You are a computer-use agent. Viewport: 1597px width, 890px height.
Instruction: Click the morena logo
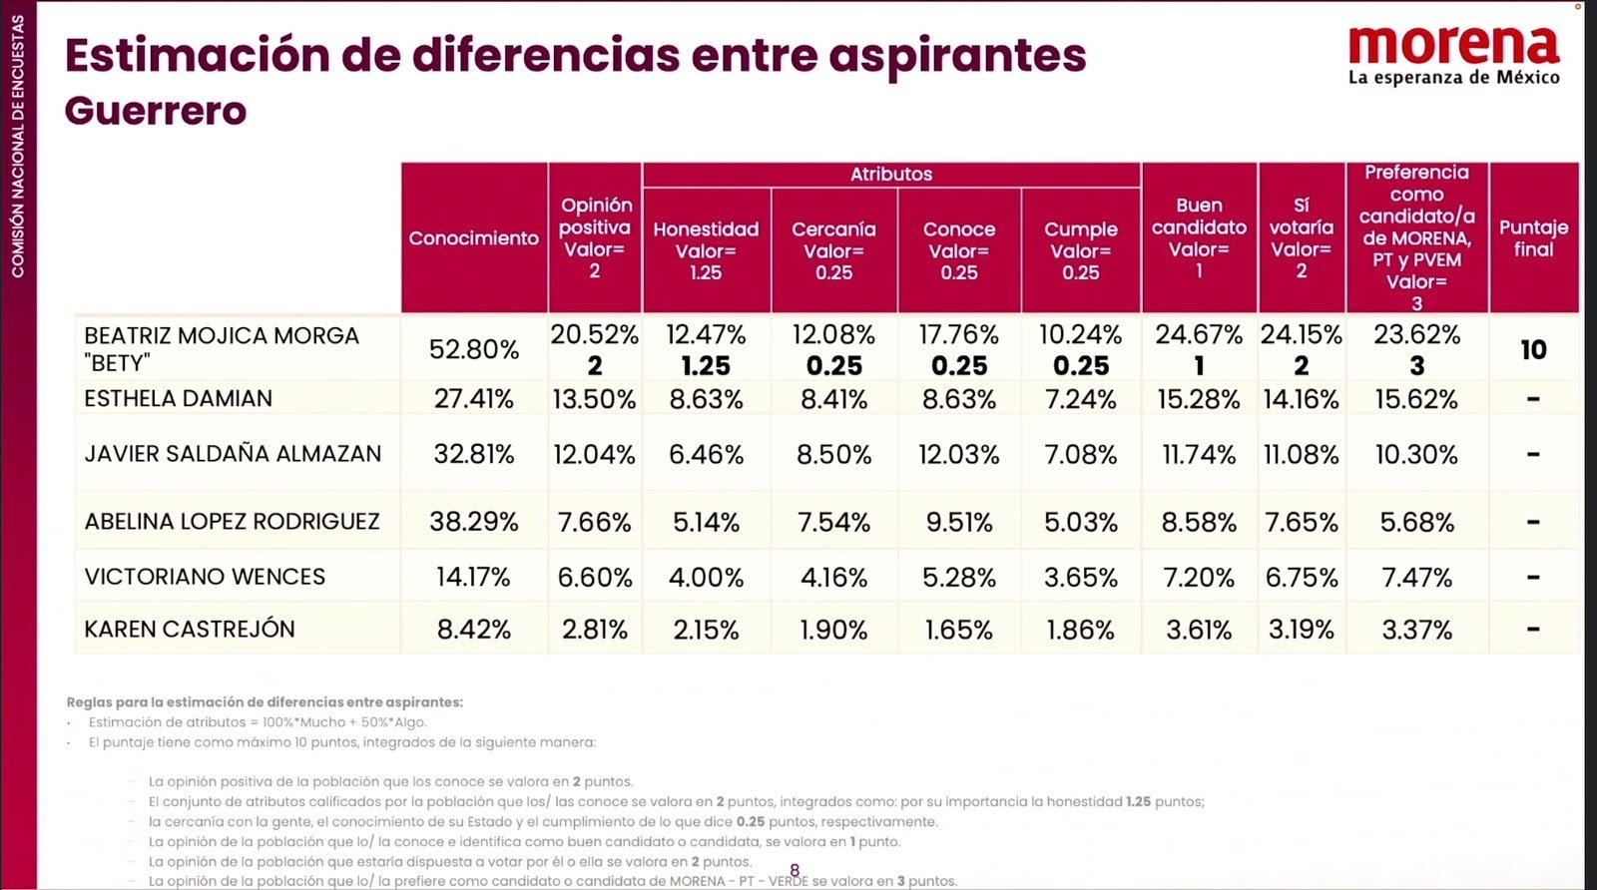(1453, 56)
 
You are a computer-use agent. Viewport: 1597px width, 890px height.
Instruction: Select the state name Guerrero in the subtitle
(156, 111)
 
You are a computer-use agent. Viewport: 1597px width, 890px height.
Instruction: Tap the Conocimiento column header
(473, 238)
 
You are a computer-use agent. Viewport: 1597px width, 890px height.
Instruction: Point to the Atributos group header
(891, 174)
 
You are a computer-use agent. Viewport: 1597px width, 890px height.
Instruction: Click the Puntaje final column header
(1533, 238)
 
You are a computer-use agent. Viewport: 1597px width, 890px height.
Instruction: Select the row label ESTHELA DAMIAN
(179, 398)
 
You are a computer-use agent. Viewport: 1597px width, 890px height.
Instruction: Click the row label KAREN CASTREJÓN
(190, 630)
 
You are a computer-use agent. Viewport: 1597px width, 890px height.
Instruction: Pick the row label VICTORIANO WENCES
(205, 577)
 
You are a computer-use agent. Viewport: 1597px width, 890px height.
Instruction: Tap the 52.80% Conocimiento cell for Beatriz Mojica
(474, 350)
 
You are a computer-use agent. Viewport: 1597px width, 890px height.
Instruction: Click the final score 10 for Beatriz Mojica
(1533, 350)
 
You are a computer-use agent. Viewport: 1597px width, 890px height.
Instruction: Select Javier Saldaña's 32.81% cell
(474, 454)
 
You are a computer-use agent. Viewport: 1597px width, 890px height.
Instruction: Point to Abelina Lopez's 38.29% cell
(474, 522)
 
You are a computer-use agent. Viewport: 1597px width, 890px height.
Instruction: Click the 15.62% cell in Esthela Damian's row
(1416, 399)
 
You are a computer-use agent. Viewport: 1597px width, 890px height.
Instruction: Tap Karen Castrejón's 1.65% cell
(959, 630)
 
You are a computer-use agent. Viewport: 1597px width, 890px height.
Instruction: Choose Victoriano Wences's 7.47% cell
(1416, 577)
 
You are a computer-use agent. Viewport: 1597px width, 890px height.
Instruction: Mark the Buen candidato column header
(1199, 238)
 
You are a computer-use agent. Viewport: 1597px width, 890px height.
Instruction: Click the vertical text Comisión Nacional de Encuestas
(18, 146)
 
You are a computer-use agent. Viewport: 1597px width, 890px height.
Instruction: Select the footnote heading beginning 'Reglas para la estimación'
(265, 701)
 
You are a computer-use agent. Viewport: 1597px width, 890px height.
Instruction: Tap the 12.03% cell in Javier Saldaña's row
(959, 455)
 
